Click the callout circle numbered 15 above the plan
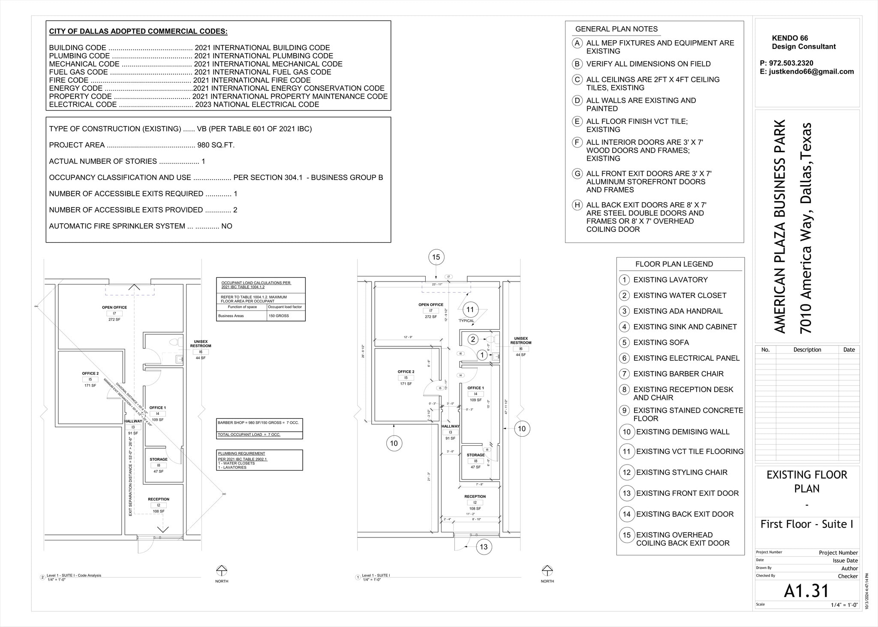click(436, 257)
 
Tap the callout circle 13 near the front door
click(484, 547)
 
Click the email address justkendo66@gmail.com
click(811, 72)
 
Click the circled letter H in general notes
click(577, 205)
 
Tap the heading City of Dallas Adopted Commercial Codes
click(138, 31)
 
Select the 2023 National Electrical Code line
click(184, 105)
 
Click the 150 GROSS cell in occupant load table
click(279, 316)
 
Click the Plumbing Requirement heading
click(241, 453)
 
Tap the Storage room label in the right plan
click(475, 455)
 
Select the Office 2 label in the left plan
click(90, 373)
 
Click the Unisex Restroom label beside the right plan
click(520, 340)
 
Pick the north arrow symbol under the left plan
click(222, 570)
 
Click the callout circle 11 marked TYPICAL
click(470, 309)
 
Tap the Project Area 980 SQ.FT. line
click(141, 145)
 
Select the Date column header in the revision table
click(849, 350)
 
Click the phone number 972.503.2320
click(786, 63)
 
